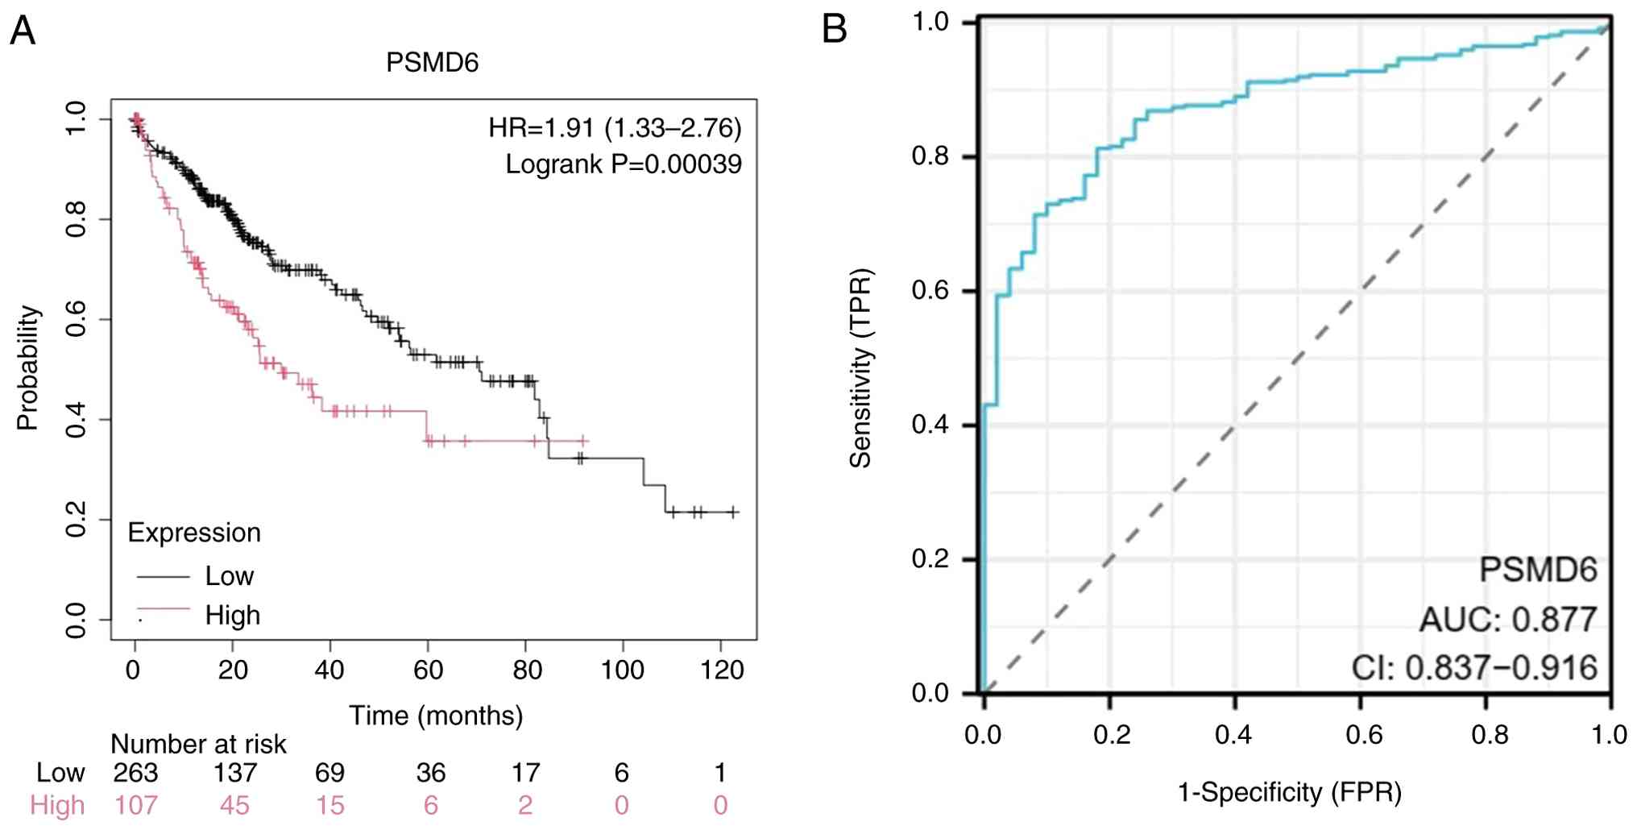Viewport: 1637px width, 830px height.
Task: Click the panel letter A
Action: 23,31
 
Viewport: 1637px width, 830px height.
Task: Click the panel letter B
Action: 835,30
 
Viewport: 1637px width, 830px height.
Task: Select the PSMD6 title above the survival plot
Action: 432,63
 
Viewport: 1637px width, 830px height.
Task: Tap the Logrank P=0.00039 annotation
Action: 624,164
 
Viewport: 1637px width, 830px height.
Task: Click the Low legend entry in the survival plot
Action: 229,576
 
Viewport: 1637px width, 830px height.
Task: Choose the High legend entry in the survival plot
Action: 232,616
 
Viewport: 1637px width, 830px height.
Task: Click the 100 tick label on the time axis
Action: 622,670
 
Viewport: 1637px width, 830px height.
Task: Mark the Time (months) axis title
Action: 436,716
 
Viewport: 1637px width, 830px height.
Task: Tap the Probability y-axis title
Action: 28,367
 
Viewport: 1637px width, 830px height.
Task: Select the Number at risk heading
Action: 198,744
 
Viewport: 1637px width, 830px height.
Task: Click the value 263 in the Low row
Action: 135,774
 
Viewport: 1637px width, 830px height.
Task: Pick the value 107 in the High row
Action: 135,806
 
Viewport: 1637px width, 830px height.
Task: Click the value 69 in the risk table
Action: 329,774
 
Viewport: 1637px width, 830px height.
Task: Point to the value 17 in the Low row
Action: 525,774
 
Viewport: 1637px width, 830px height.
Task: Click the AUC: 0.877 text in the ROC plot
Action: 1507,620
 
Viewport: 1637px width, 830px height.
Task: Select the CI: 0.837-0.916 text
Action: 1474,668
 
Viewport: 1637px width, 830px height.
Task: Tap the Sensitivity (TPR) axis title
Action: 860,367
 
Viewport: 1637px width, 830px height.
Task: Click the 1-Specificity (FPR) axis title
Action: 1290,793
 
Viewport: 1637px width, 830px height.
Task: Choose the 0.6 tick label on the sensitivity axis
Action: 930,291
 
